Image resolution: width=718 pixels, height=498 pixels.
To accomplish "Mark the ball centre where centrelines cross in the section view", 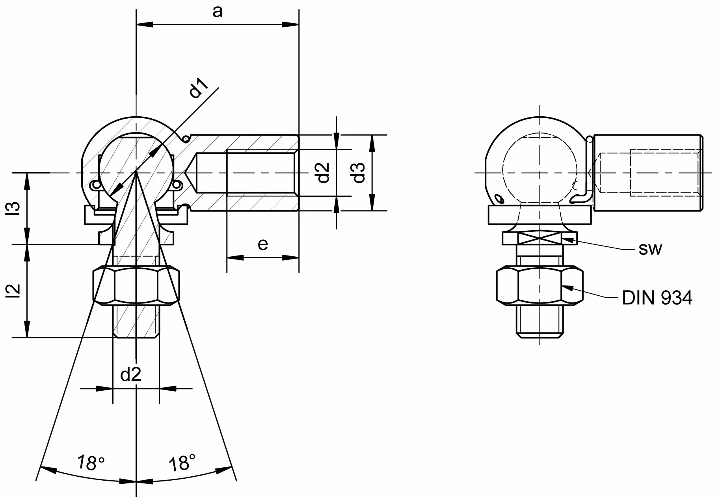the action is (136, 173).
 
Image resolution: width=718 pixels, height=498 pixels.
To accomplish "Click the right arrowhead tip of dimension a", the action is (299, 25).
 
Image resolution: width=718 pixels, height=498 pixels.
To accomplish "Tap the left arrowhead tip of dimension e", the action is (227, 258).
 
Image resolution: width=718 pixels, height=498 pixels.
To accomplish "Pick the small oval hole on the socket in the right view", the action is (499, 198).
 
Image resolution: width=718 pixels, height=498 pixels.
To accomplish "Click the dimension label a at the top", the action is (218, 12).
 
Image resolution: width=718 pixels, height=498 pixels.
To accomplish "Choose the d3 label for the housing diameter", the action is (359, 173).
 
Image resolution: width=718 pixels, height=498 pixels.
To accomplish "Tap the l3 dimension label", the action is (16, 208).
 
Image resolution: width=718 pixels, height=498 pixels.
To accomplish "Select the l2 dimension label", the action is (16, 291).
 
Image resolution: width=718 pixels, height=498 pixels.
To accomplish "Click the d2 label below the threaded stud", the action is (131, 374).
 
